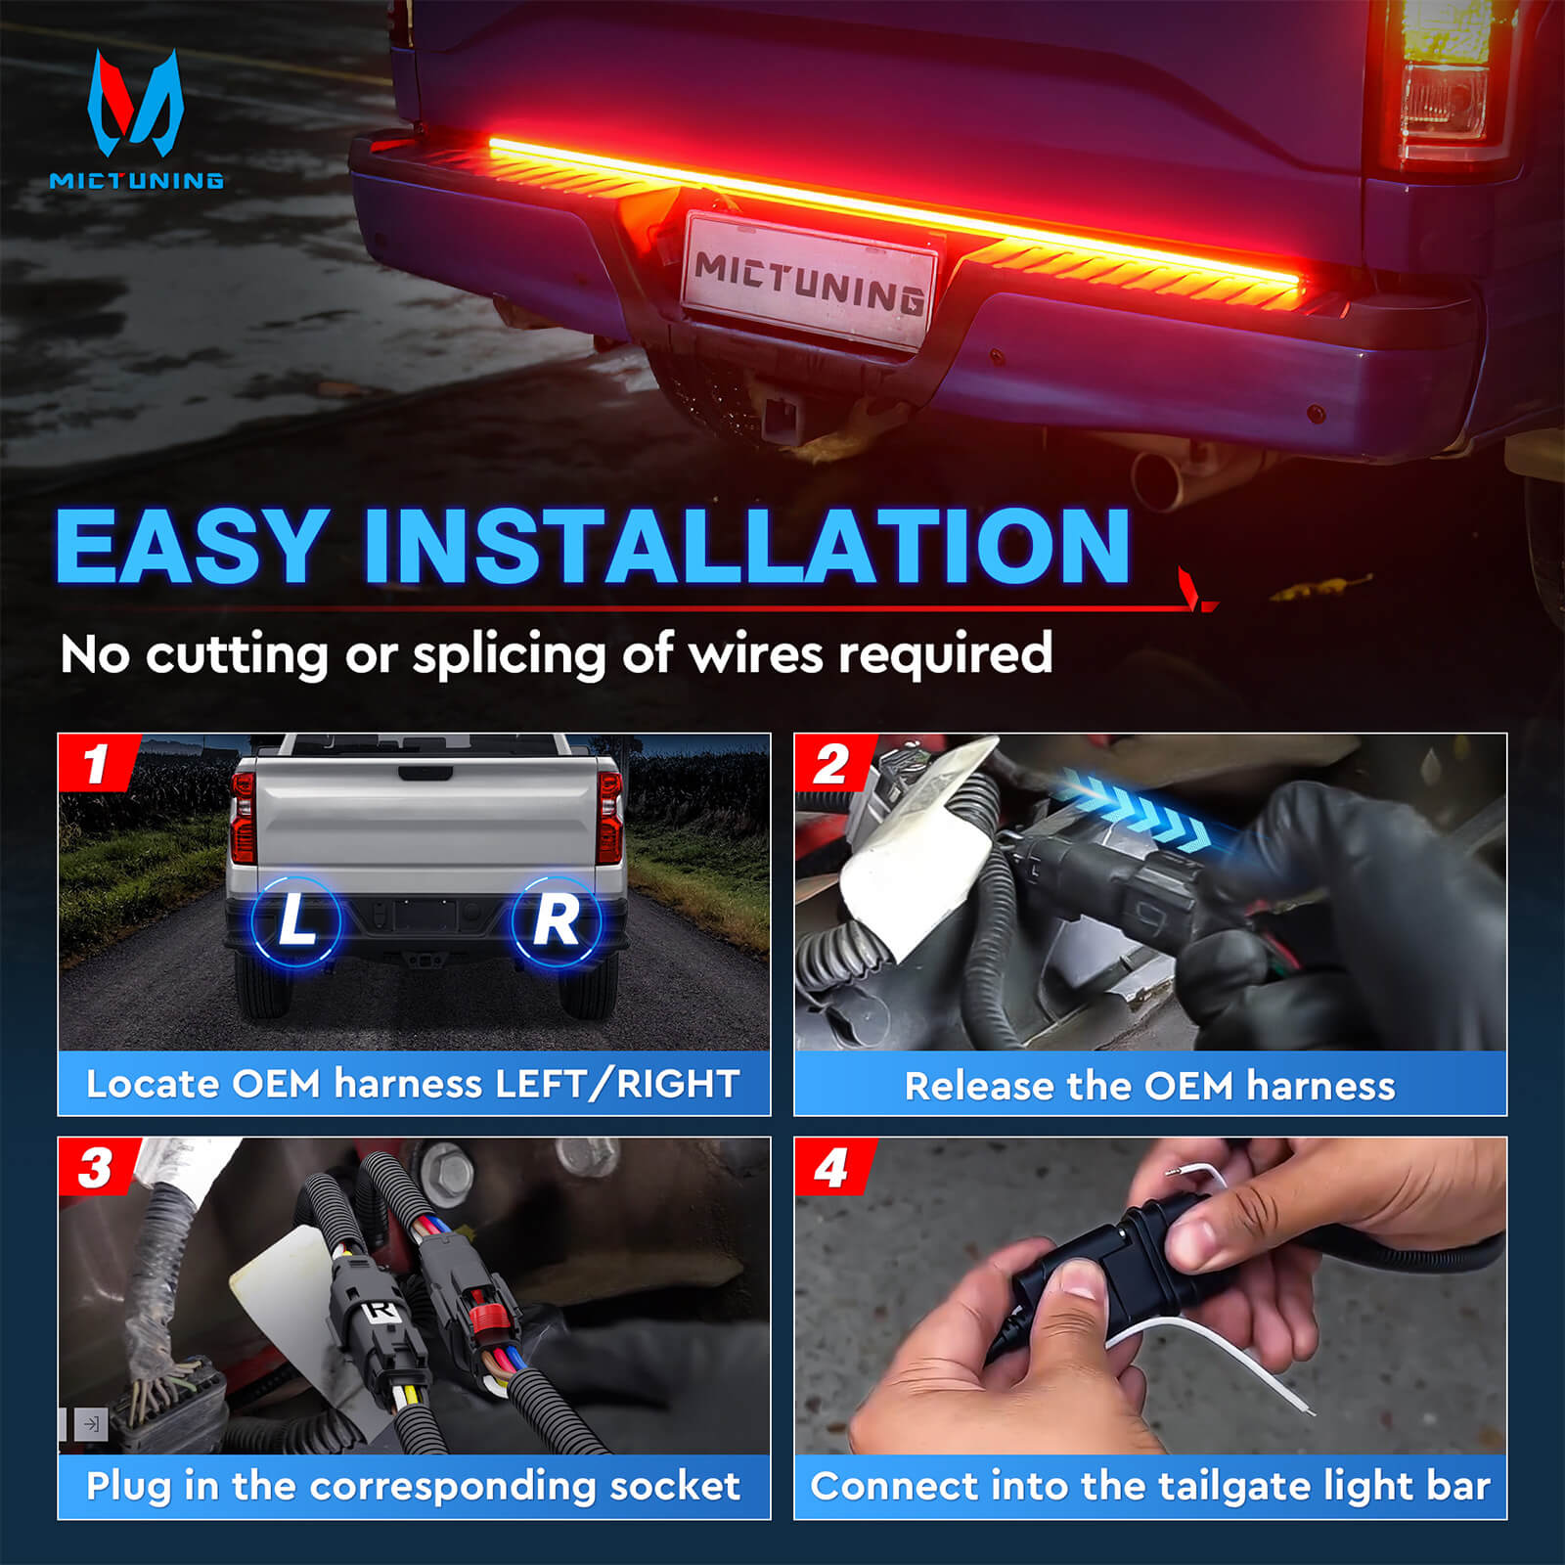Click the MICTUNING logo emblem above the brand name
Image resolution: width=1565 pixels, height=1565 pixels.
pos(136,104)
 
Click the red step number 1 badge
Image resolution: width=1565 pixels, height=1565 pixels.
pos(97,763)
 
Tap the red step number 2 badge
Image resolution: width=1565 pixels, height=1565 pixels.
pos(832,763)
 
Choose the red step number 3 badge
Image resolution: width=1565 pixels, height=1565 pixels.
pos(97,1167)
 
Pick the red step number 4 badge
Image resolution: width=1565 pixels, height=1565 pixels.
pos(832,1167)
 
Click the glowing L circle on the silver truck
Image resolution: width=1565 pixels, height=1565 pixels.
pos(296,921)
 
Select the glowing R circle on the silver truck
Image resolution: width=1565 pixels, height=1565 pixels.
pos(557,921)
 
